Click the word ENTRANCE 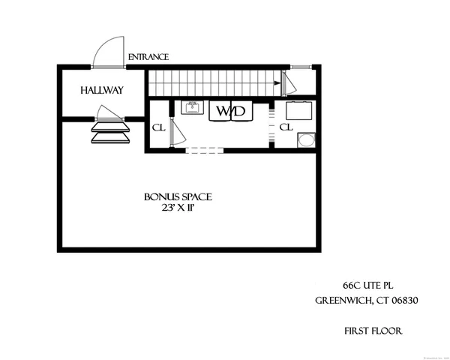tap(148, 57)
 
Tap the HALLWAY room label tap(101, 91)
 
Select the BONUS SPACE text tap(178, 197)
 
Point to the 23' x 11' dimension tap(178, 208)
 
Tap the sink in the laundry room tap(193, 108)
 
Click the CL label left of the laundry tap(158, 127)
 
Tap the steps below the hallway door tap(109, 133)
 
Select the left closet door tap(172, 132)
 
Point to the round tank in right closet tap(306, 140)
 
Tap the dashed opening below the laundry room tap(204, 151)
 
